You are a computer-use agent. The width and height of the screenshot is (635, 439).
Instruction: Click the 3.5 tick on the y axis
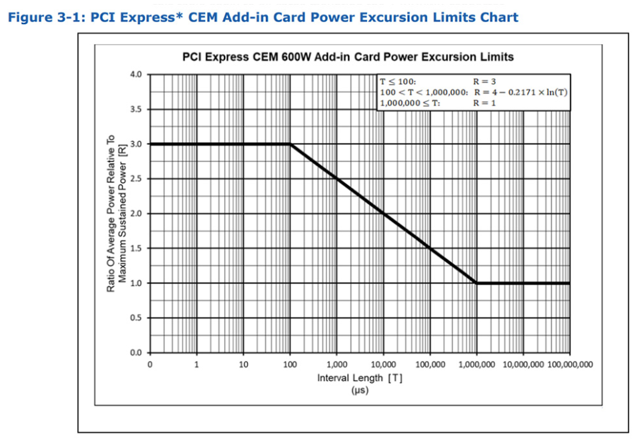click(136, 109)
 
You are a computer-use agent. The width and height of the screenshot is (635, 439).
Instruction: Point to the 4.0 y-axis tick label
click(136, 74)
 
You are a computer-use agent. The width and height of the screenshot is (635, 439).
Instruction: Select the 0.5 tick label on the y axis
click(136, 318)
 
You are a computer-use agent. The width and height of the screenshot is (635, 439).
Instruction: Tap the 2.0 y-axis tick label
click(136, 213)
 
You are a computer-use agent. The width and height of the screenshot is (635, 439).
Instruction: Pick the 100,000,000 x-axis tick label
click(570, 364)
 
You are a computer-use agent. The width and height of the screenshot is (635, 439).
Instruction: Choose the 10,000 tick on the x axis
click(383, 364)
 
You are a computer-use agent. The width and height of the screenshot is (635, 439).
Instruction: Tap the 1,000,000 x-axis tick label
click(476, 364)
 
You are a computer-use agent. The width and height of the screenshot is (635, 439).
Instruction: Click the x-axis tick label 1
click(197, 364)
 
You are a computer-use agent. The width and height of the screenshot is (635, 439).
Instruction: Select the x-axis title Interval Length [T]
click(359, 378)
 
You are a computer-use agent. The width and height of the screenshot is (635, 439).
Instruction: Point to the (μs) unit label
click(359, 390)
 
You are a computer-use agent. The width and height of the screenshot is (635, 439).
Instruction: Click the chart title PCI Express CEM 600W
click(348, 57)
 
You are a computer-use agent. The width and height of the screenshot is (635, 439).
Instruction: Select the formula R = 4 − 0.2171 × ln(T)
click(520, 92)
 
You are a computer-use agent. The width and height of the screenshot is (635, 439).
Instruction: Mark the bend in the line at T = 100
click(290, 143)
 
